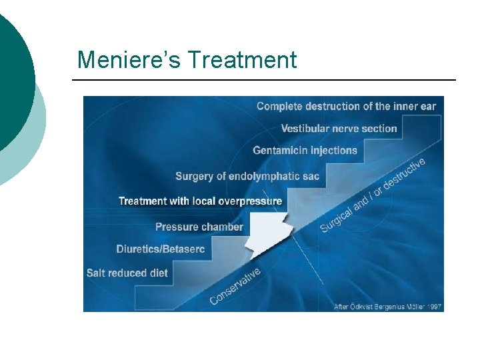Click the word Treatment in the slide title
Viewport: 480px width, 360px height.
242,60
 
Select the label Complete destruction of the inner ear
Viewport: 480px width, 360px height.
346,106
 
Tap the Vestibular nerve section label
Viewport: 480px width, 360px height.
339,128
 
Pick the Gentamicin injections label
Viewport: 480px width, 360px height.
305,150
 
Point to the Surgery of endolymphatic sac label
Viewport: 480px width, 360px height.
247,176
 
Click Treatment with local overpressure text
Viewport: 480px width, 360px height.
200,201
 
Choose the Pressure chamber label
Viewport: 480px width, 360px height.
199,227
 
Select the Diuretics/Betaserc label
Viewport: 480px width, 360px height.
161,249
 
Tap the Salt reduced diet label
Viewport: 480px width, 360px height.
127,273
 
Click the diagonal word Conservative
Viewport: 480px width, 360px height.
235,286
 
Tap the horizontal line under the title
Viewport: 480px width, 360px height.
263,80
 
